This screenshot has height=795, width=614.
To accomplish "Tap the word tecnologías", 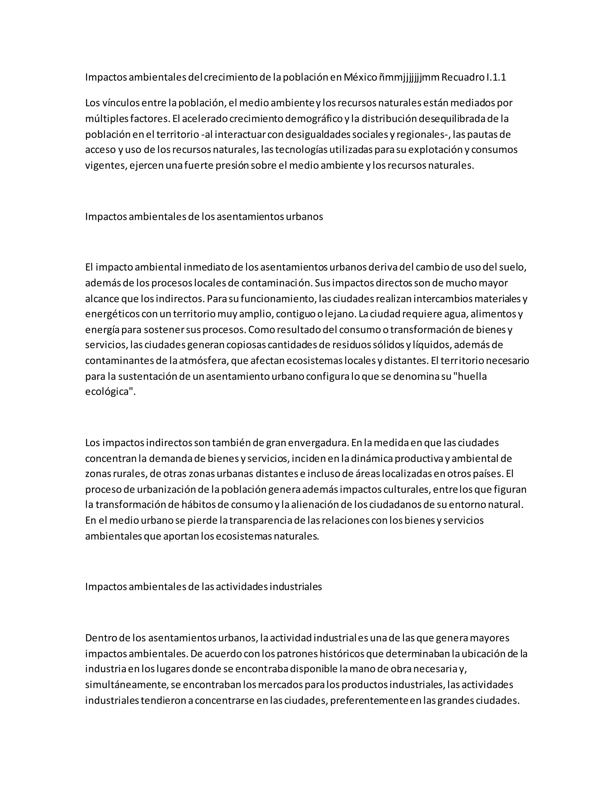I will [x=301, y=150].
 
